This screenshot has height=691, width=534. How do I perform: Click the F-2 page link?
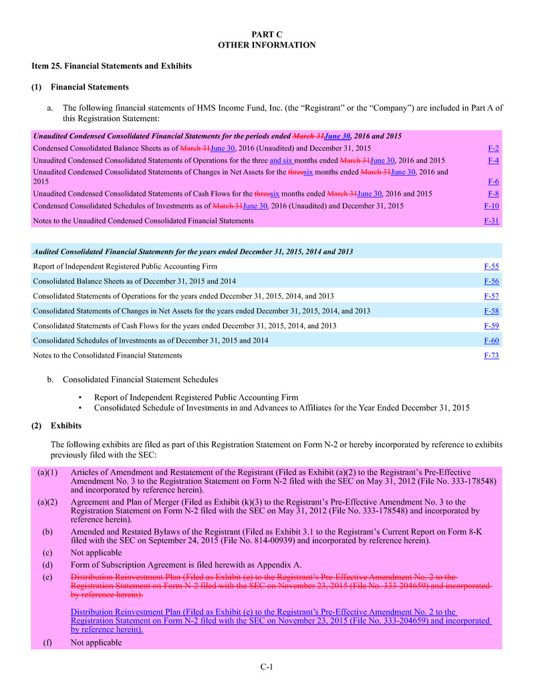pos(493,148)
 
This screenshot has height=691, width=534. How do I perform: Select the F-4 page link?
pos(493,161)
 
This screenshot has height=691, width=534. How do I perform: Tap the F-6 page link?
pos(493,182)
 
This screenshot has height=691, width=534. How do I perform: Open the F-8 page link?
pos(493,194)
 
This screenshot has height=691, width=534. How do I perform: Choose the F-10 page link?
pos(491,206)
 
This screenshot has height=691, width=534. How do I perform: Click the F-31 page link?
pos(491,221)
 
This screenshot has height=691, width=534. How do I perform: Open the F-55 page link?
pos(491,267)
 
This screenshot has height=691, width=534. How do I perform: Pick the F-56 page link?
pos(491,281)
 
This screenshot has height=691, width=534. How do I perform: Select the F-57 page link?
pos(491,296)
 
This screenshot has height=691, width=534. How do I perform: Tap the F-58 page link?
pos(491,311)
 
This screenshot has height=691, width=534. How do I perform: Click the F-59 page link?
pos(491,326)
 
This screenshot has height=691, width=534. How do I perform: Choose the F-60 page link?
pos(491,341)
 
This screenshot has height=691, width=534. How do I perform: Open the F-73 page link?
pos(491,356)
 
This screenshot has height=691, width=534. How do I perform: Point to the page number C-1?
pos(267,666)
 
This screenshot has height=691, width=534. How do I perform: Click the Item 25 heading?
pos(112,66)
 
